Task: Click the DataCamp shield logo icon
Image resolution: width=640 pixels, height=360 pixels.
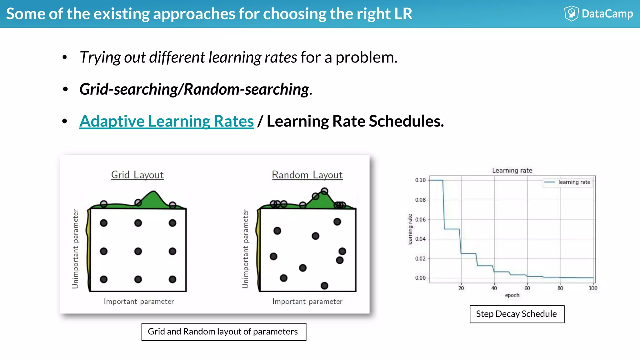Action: [572, 13]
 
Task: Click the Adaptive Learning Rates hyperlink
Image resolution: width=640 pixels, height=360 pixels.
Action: [167, 121]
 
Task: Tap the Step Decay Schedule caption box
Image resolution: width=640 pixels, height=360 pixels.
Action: [517, 314]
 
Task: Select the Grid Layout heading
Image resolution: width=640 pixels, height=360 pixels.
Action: [137, 175]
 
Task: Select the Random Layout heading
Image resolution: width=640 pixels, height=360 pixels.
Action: [307, 175]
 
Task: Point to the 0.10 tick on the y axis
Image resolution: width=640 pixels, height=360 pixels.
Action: [420, 180]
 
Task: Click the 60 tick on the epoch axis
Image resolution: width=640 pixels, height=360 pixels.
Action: [527, 288]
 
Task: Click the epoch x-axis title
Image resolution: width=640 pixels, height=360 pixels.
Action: [512, 295]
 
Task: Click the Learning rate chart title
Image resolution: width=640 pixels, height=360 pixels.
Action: [512, 170]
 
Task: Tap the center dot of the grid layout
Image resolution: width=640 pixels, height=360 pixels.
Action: [138, 251]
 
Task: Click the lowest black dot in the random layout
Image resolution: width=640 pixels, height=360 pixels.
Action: [324, 286]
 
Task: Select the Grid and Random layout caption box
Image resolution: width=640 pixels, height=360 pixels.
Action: [224, 332]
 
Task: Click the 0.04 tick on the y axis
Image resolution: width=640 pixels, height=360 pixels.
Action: [420, 239]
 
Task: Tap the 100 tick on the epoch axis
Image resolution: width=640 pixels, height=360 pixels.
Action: [593, 288]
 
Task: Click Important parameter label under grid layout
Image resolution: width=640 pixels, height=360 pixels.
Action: [139, 302]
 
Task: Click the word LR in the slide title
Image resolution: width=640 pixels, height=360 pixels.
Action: [403, 14]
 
